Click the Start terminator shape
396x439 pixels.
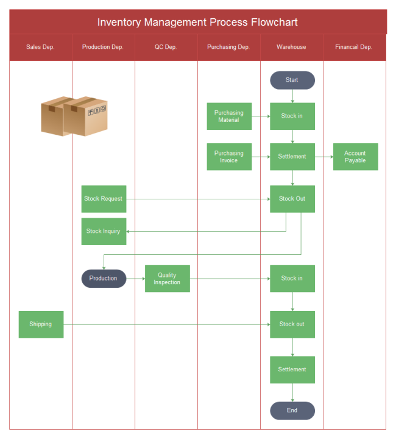292,80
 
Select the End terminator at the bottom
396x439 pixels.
292,410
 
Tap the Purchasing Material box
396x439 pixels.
229,116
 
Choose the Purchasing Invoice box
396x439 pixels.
229,157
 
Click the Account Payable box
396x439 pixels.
355,157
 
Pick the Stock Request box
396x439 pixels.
104,199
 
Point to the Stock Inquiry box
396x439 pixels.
104,231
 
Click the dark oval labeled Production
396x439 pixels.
104,279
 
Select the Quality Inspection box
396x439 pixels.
167,279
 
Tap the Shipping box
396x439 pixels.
41,324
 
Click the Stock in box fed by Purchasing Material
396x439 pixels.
292,116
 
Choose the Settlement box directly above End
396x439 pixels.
292,369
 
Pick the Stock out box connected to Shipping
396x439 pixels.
292,324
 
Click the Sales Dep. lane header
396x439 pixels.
41,47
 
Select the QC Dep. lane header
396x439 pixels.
166,47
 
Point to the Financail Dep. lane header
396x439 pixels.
354,47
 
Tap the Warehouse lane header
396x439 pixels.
291,47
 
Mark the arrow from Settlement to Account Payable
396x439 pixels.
324,157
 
